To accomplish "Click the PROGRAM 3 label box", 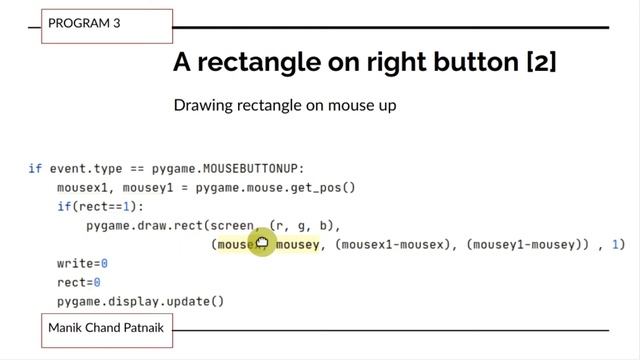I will tap(106, 24).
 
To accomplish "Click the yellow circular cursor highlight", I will tap(262, 243).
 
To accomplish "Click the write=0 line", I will tap(82, 263).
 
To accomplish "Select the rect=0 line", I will tap(79, 282).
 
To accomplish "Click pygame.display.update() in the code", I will tap(140, 301).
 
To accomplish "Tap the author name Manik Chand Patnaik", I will tap(107, 327).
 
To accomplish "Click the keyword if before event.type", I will tap(35, 169).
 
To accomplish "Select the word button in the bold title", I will tap(441, 62).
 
